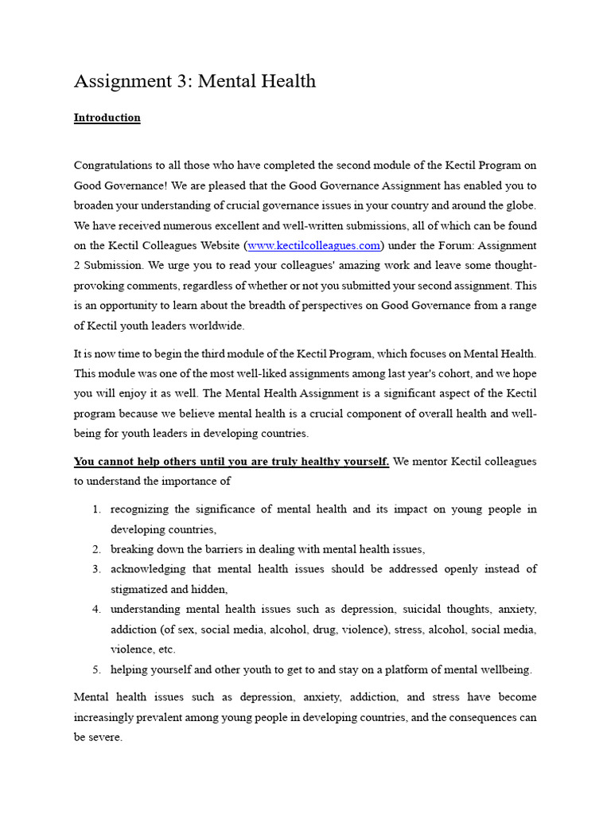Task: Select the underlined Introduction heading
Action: coord(107,118)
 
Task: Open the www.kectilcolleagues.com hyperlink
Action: coord(314,245)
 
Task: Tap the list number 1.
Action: coord(96,509)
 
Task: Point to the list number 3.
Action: coord(96,569)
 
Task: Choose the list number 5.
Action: coord(96,669)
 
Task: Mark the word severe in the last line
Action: coord(105,737)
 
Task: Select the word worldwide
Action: coord(220,325)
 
